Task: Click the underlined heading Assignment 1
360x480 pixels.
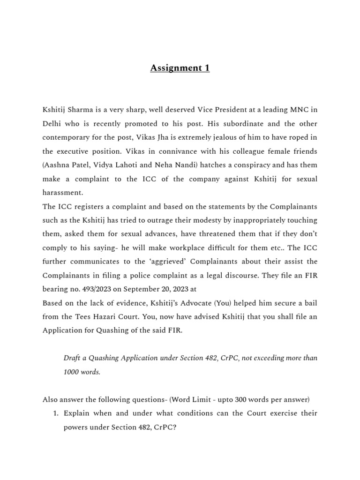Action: click(180, 68)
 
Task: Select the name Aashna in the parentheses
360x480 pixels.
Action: click(58, 165)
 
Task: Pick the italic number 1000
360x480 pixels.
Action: click(73, 372)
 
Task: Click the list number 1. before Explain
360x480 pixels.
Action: click(55, 413)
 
